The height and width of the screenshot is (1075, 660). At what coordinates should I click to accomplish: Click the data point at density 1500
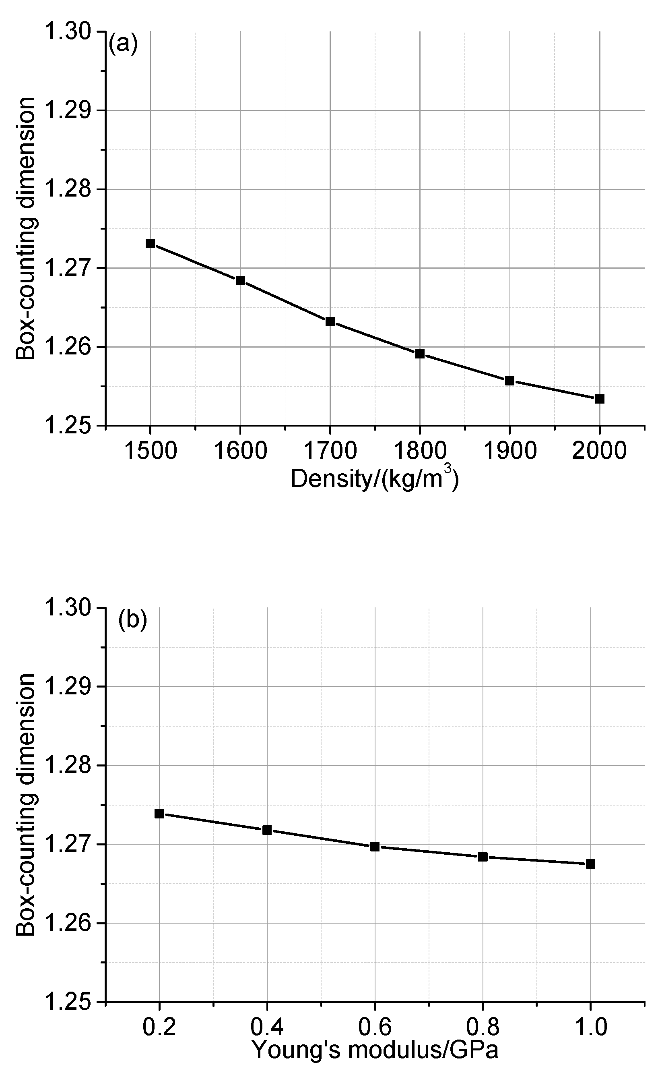click(x=150, y=243)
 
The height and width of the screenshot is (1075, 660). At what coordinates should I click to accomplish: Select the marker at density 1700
click(x=330, y=321)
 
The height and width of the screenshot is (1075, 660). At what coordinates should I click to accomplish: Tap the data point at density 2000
click(x=600, y=399)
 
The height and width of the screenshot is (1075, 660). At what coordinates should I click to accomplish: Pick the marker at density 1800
click(x=420, y=353)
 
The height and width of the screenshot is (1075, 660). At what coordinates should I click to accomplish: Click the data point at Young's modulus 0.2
click(x=159, y=813)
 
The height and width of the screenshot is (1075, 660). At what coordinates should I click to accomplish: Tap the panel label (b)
click(x=132, y=620)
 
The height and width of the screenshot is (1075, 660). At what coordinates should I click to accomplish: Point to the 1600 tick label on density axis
click(x=240, y=450)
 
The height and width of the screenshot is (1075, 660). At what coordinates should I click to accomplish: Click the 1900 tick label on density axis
click(x=509, y=450)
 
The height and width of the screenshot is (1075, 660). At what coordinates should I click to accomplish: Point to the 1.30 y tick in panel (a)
click(x=68, y=32)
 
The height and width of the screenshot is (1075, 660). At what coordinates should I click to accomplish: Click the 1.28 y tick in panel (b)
click(x=68, y=766)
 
